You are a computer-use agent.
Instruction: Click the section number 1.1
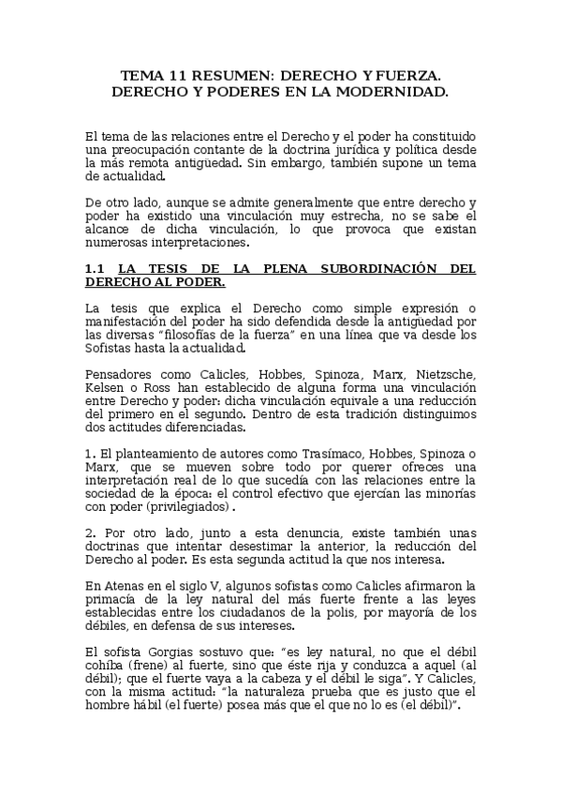[95, 268]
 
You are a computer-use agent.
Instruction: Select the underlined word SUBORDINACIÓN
[373, 268]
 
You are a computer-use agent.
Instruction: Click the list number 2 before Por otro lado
[88, 533]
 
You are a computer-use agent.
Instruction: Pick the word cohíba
[103, 665]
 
